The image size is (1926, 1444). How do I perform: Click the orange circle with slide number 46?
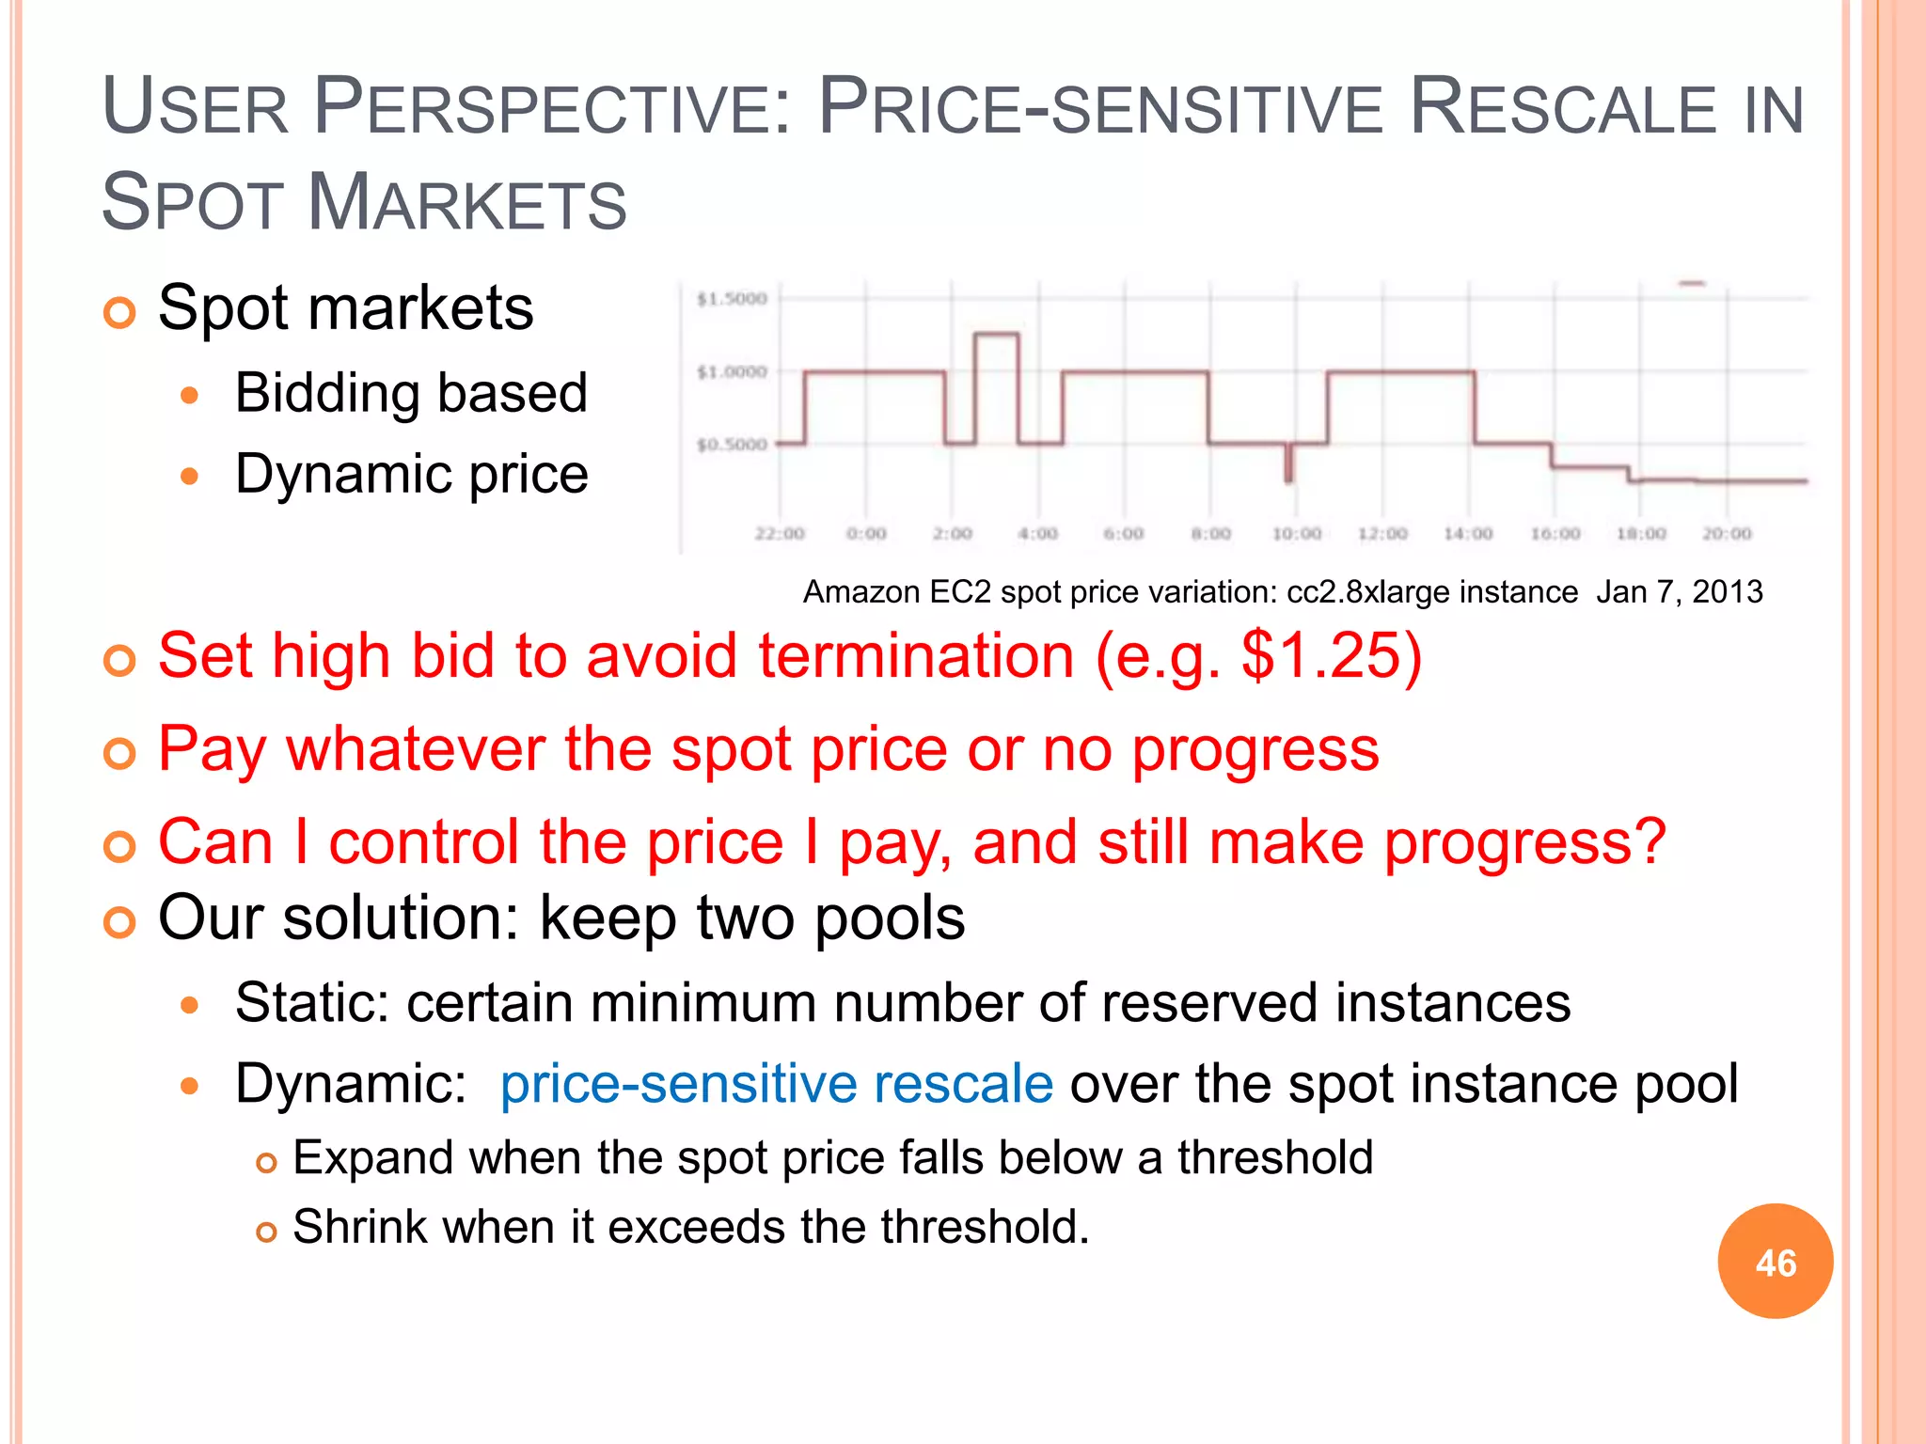[1775, 1262]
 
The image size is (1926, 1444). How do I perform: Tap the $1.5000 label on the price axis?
[732, 299]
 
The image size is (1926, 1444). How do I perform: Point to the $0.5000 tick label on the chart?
[732, 445]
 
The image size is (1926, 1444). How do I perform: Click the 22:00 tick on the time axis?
[780, 534]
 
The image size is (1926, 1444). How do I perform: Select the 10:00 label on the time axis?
[1297, 534]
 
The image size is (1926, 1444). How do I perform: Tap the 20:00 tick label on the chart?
[1727, 534]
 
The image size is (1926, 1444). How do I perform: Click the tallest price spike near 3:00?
[996, 335]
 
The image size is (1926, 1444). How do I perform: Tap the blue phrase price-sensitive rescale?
[776, 1083]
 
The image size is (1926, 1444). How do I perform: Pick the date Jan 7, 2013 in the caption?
[1679, 592]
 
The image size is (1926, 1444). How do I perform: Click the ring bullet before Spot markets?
[119, 312]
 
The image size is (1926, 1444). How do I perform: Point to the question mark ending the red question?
[1648, 841]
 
